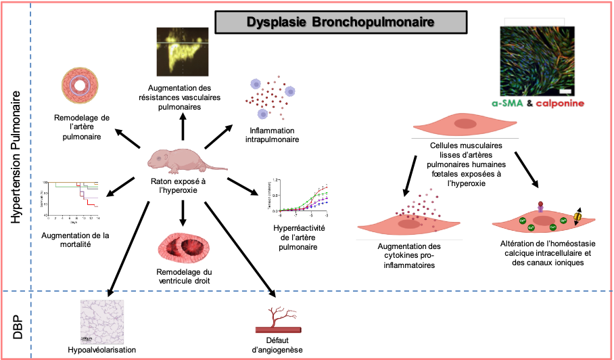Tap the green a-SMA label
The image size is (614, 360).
tap(507, 104)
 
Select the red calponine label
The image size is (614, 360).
tap(560, 104)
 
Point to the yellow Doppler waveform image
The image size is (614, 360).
tap(183, 51)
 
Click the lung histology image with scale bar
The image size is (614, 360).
tap(101, 321)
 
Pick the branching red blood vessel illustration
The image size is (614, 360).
tap(275, 317)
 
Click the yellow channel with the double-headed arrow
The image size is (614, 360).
tap(577, 217)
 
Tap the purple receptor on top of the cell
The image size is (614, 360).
tap(540, 206)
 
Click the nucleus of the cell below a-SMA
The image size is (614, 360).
tap(465, 124)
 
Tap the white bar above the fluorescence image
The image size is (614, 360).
tap(534, 22)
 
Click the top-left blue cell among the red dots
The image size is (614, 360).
tap(256, 84)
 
